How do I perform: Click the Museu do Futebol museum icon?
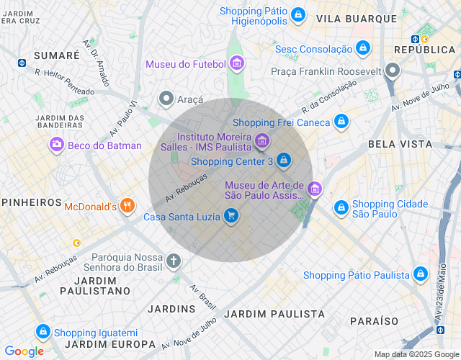237,64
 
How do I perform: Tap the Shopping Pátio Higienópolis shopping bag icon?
297,14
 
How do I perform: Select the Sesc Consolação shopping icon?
364,49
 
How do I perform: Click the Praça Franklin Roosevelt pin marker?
393,71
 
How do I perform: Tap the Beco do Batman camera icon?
55,145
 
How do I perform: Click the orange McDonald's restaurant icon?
127,206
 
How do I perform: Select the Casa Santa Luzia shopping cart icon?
230,215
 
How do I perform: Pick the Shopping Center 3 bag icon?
284,160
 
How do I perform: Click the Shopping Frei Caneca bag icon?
341,122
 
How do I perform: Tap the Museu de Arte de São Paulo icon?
314,189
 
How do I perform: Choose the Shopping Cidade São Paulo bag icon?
341,208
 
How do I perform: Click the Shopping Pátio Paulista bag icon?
420,274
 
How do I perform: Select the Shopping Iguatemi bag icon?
42,331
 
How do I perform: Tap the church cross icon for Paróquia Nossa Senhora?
174,261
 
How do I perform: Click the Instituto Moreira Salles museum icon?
262,140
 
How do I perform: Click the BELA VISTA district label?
400,144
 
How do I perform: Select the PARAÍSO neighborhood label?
374,320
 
